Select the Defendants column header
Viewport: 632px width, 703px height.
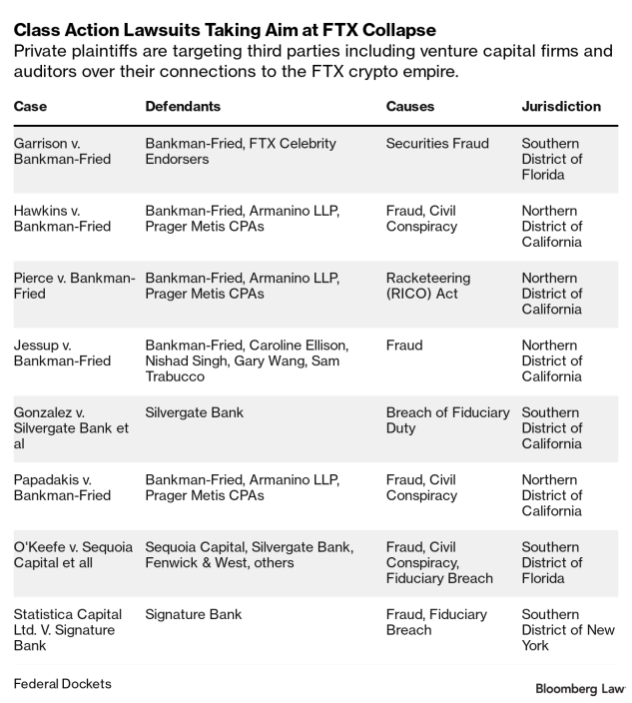pos(183,106)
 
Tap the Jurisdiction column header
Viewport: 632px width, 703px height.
pos(561,106)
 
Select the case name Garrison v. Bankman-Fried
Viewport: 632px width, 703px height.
pos(62,151)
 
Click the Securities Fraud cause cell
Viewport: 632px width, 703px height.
pos(437,144)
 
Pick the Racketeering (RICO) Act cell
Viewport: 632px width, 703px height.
pos(428,286)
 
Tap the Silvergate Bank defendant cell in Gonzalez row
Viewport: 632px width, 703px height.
pos(195,412)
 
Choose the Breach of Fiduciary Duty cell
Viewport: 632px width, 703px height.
pos(447,420)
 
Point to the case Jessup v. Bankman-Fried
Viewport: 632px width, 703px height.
pos(62,352)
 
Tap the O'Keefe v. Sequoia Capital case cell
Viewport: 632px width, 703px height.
pos(67,554)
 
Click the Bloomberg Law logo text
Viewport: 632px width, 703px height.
pos(580,688)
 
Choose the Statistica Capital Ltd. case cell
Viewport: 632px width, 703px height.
pos(68,630)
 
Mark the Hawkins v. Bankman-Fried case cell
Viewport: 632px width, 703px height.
pos(62,219)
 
